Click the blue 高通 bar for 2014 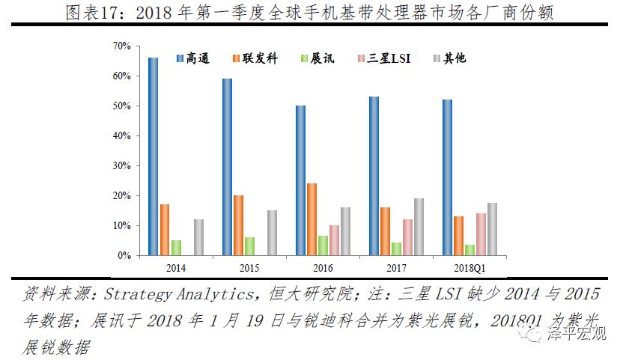153,156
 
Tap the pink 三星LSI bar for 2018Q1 481,234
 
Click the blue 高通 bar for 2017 374,176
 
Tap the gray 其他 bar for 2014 198,237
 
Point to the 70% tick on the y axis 122,46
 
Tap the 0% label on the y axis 124,255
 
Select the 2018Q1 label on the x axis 469,266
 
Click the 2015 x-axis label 249,266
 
